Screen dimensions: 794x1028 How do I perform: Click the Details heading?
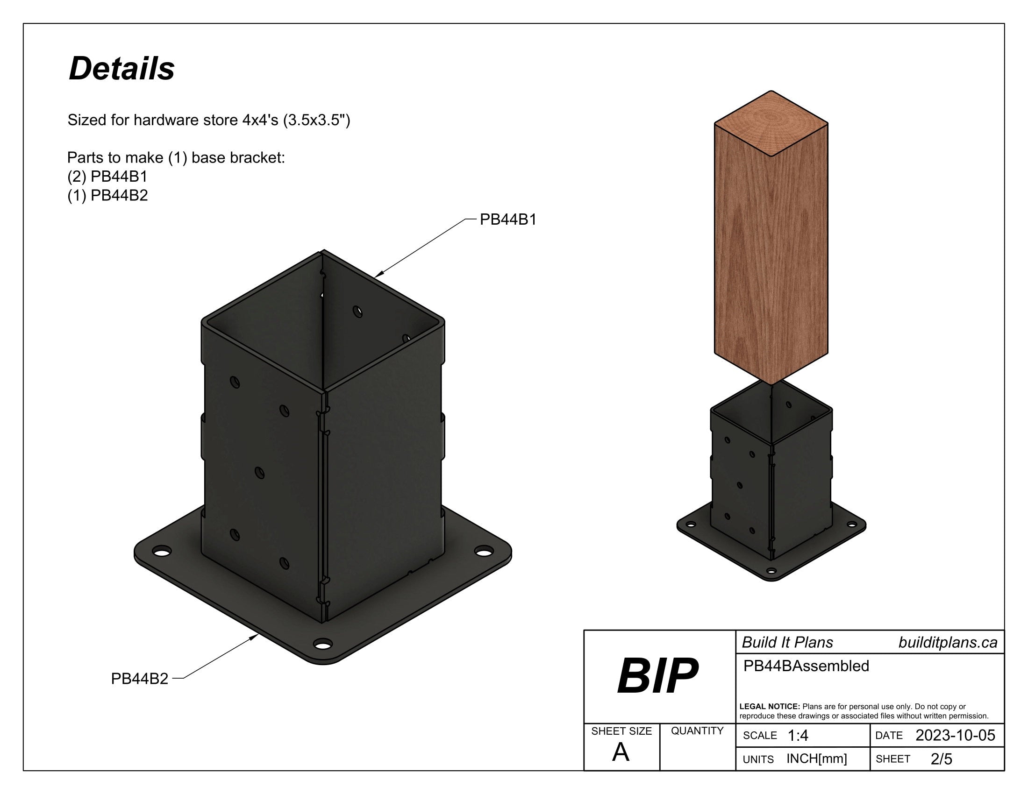pyautogui.click(x=121, y=69)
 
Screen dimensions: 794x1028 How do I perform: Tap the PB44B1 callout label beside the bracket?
pyautogui.click(x=508, y=220)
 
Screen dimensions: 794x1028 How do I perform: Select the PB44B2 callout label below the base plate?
pyautogui.click(x=139, y=679)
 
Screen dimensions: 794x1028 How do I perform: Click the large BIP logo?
pyautogui.click(x=657, y=676)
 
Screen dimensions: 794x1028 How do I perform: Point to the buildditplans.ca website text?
pyautogui.click(x=948, y=643)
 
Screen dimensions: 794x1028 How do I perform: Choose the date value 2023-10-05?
pyautogui.click(x=955, y=735)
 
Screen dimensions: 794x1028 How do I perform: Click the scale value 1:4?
pyautogui.click(x=798, y=736)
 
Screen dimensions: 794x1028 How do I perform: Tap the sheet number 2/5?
pyautogui.click(x=942, y=759)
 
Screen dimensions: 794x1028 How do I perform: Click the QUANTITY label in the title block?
pyautogui.click(x=697, y=731)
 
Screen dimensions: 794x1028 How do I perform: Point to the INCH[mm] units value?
pyautogui.click(x=817, y=759)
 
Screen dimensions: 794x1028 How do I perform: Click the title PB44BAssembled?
pyautogui.click(x=806, y=666)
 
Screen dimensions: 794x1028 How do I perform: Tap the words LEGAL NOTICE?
pyautogui.click(x=770, y=707)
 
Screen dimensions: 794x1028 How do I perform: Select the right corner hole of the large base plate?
pyautogui.click(x=483, y=550)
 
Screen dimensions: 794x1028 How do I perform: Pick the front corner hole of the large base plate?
pyautogui.click(x=323, y=644)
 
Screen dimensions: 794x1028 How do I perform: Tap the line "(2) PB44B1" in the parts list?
pyautogui.click(x=107, y=177)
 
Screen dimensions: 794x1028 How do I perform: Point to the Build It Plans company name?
pyautogui.click(x=787, y=643)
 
